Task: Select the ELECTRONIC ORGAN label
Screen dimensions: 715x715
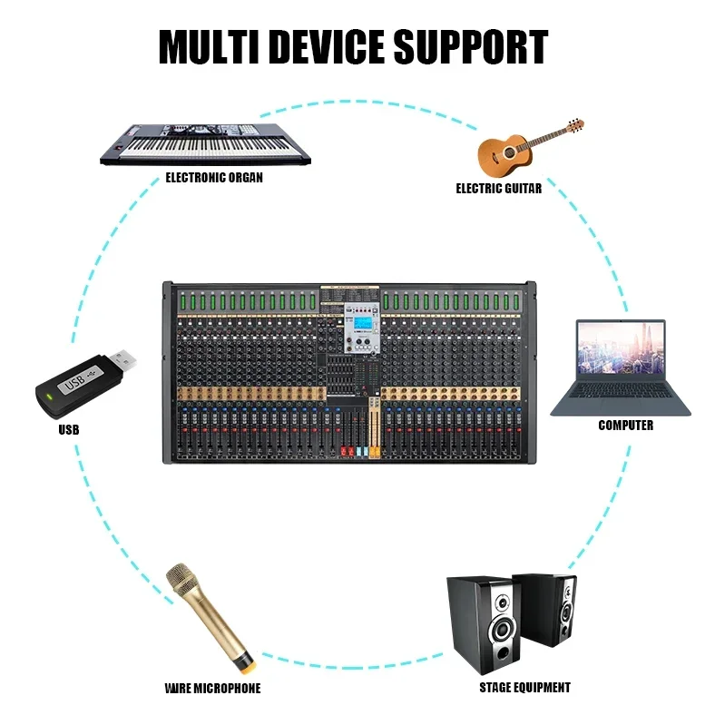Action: point(214,178)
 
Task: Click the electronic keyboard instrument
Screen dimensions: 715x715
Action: point(205,142)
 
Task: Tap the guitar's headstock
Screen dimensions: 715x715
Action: point(574,124)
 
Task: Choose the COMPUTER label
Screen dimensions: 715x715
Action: point(625,425)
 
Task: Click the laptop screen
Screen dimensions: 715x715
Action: point(621,348)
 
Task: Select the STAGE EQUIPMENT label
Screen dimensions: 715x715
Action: point(524,688)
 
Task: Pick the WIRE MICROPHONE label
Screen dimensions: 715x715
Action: point(213,688)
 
